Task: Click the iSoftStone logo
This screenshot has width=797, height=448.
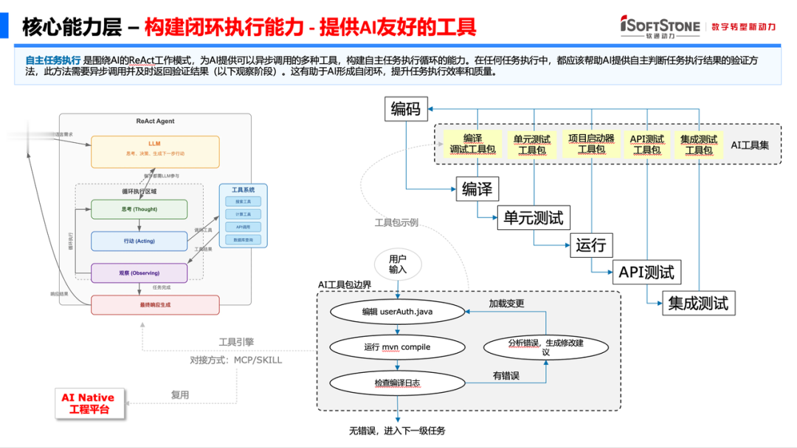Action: (x=660, y=26)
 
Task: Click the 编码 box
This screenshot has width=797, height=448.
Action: (x=405, y=110)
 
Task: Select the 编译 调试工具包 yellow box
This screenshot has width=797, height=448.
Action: (x=473, y=144)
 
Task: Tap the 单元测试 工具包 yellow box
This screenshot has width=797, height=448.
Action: (x=531, y=144)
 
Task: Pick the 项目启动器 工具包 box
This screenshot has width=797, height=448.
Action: (x=591, y=144)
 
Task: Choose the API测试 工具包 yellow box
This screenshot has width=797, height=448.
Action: (x=646, y=144)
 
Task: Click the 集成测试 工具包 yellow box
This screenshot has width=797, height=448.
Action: (x=699, y=144)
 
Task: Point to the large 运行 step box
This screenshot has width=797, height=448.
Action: (x=590, y=245)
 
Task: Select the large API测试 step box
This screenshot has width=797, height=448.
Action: (x=646, y=273)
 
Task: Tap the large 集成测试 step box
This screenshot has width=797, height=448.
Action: (x=698, y=303)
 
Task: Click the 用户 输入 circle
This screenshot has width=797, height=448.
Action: (x=398, y=265)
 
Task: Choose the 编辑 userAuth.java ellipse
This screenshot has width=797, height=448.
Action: (x=397, y=312)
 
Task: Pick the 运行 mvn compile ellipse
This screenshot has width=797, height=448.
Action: (x=397, y=347)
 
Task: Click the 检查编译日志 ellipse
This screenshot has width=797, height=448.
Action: (x=397, y=382)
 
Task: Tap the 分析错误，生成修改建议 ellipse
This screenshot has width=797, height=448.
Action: (x=545, y=347)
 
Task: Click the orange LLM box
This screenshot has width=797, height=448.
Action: (x=155, y=151)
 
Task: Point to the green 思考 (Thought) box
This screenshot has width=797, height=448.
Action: (x=139, y=209)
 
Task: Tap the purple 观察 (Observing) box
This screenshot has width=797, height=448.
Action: (x=139, y=273)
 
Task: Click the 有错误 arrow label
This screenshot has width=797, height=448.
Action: (x=506, y=376)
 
